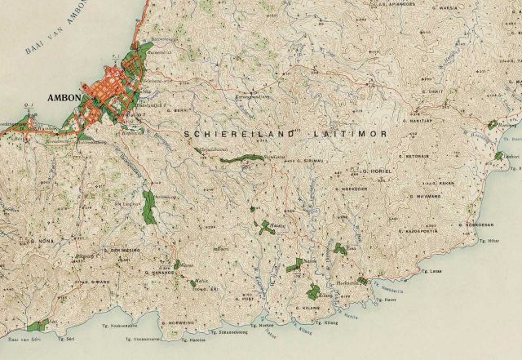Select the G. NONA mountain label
[42, 242]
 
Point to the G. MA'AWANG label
[412, 197]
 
